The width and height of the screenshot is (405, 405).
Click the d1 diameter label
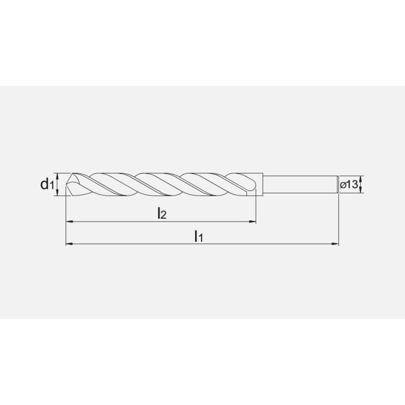click(x=47, y=185)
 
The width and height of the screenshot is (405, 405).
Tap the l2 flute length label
click(x=162, y=213)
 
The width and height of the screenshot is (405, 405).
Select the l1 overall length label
click(x=198, y=236)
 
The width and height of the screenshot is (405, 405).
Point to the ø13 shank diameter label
click(x=349, y=185)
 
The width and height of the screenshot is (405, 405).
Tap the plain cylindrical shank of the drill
click(x=300, y=184)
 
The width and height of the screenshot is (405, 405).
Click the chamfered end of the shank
click(x=337, y=184)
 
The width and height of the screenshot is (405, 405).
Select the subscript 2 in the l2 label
click(x=164, y=215)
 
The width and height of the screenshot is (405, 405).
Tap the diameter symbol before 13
click(x=343, y=185)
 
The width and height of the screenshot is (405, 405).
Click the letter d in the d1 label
click(x=44, y=184)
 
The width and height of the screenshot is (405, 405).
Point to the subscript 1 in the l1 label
click(x=200, y=239)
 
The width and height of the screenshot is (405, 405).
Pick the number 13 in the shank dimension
click(x=352, y=185)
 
